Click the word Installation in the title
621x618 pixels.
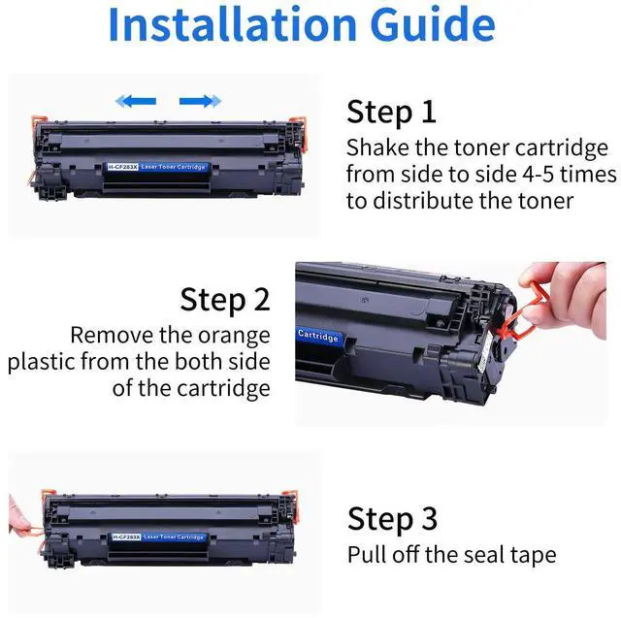click(x=233, y=24)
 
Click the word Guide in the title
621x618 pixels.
click(x=434, y=24)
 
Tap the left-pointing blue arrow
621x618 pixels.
click(x=136, y=101)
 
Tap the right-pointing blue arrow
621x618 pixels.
click(x=201, y=101)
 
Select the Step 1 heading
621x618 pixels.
click(x=391, y=113)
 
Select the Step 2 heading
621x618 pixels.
click(x=225, y=300)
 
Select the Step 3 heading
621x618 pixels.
click(x=392, y=519)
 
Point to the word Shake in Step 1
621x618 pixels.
click(x=377, y=147)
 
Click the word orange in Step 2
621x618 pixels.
click(x=234, y=337)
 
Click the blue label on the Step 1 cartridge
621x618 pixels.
click(x=157, y=167)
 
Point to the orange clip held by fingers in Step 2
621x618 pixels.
click(x=522, y=311)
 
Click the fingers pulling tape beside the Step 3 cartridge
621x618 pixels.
click(x=17, y=514)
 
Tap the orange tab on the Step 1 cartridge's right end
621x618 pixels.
click(x=298, y=133)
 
